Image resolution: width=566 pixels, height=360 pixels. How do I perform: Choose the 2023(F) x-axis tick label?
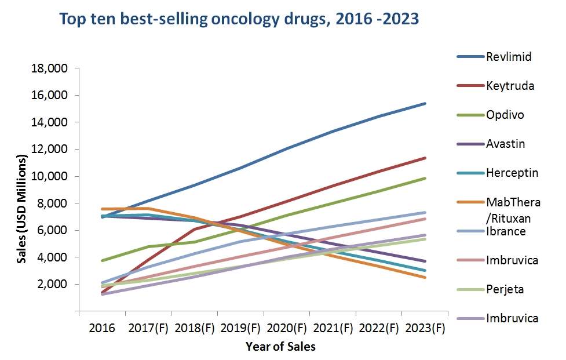(426, 328)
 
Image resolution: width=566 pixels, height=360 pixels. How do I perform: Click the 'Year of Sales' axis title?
(280, 347)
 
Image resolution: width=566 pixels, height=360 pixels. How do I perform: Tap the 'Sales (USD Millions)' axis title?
(22, 209)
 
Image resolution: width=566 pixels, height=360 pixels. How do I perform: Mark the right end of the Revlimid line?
(425, 104)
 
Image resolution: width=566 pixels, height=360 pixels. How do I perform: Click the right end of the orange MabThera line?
(425, 277)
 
